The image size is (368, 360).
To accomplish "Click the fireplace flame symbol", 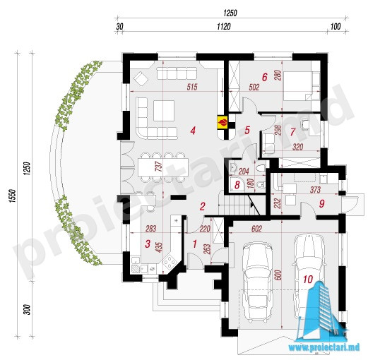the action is [222, 122].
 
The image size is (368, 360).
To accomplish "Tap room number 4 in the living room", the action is [193, 131].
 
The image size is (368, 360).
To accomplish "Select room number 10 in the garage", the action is [308, 280].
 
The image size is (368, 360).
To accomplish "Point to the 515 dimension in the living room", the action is [192, 87].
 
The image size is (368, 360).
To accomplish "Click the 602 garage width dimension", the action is [256, 229].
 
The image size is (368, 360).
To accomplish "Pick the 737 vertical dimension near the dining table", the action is [160, 166].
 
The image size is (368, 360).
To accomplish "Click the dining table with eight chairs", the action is [163, 167].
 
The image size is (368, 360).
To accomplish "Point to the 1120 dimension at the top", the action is [224, 27].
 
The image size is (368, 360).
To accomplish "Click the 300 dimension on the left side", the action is [28, 310].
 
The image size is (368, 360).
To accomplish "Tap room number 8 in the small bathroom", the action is [237, 185].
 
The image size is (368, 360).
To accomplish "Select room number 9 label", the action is [322, 203].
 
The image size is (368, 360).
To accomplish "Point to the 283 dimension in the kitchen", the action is [151, 229].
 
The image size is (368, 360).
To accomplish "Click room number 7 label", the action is [292, 132].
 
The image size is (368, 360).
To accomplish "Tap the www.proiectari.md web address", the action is [324, 347].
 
